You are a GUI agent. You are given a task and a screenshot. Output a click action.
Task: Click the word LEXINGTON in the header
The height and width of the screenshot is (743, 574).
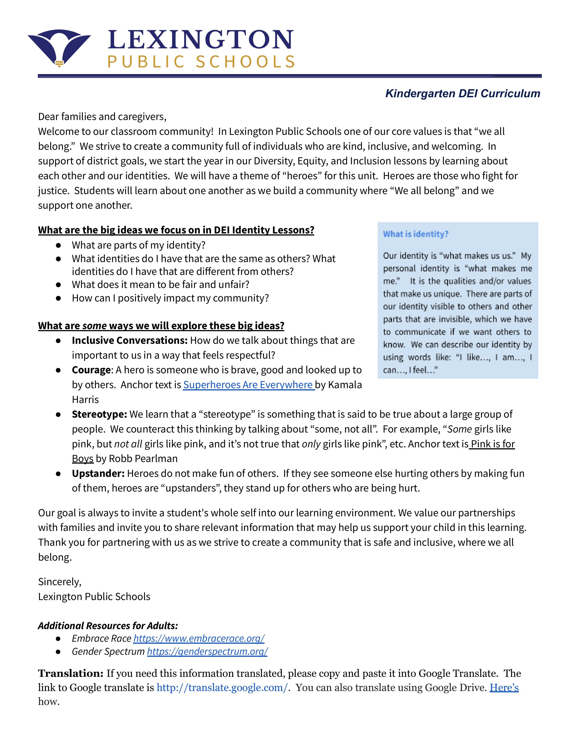pos(200,40)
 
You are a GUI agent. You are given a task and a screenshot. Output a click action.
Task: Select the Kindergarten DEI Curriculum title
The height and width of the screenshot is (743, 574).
pos(463,94)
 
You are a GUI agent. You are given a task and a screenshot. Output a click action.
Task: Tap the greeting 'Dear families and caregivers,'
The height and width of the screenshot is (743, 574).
pos(102,117)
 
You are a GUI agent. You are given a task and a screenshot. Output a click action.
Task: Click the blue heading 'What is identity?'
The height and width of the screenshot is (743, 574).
pos(416,234)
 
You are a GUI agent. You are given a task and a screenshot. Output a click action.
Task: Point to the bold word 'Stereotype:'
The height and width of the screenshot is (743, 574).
pos(99,414)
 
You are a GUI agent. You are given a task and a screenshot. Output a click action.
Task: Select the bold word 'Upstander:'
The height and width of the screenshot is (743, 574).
pos(98,473)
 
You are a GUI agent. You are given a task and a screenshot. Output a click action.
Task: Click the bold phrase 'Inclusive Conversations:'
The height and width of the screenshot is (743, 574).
pos(130,340)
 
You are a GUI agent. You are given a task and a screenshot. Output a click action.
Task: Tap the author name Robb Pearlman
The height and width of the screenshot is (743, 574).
pos(143,459)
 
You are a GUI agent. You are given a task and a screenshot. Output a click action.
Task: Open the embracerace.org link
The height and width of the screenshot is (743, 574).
pos(199,639)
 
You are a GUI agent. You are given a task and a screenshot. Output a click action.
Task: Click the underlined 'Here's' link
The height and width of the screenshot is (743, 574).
pos(504,688)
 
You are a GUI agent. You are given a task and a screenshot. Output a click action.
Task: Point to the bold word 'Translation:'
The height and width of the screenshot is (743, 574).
pos(71,673)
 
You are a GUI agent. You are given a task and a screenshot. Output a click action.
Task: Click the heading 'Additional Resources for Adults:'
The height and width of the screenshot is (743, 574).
pos(108,626)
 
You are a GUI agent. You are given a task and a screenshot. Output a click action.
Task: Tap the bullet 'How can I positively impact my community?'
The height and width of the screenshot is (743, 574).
pos(170,298)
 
